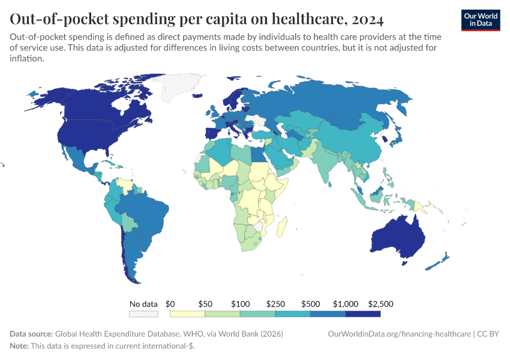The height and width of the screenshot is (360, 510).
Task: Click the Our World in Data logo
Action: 480,19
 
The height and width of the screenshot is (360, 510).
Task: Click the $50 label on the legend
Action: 205,304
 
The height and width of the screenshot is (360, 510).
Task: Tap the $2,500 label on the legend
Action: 380,304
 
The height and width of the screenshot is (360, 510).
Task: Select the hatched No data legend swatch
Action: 143,314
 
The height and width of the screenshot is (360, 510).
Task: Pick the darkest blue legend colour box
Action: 363,314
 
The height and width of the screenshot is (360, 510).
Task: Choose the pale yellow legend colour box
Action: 188,314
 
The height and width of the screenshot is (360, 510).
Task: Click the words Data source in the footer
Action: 31,334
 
